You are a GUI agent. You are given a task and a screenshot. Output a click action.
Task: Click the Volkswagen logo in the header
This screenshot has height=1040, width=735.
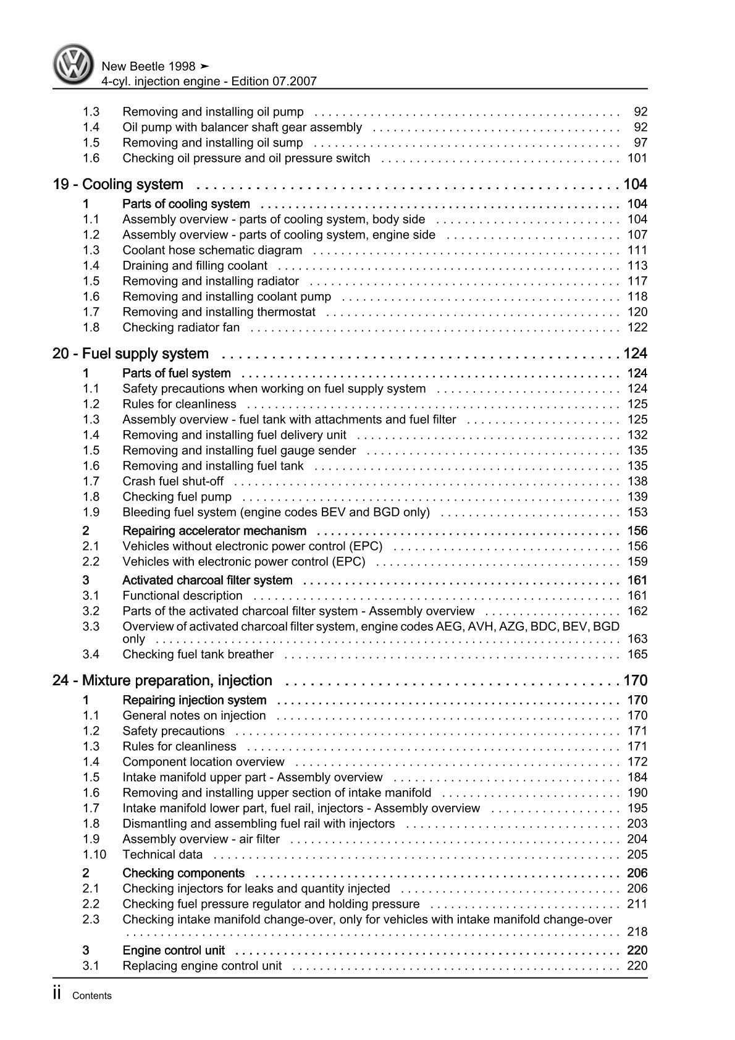coord(72,64)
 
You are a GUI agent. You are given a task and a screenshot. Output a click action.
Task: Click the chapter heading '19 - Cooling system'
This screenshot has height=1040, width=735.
coord(118,184)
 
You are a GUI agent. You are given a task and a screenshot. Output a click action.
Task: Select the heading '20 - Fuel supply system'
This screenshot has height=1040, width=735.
coord(131,353)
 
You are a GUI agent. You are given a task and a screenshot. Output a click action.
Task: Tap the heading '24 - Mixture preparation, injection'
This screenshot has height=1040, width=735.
coord(162,680)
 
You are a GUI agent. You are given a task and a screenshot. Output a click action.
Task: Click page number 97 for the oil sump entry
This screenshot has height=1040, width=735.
coord(640,143)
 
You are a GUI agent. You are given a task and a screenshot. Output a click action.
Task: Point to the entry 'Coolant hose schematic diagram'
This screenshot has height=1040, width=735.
coord(212,250)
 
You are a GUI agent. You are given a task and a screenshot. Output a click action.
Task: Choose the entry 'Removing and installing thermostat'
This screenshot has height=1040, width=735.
coord(219,312)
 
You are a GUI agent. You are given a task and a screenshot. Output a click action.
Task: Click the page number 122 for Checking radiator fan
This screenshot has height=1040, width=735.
coord(637,328)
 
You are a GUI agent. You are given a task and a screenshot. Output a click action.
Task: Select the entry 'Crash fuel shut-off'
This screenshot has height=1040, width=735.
coord(173,481)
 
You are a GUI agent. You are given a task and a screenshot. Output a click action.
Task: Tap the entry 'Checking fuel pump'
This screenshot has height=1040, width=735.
coord(177,497)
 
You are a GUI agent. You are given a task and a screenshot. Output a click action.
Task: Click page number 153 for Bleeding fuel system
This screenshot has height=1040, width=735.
coord(637,512)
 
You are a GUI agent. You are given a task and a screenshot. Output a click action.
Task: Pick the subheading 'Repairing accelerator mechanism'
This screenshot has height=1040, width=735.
coord(214,531)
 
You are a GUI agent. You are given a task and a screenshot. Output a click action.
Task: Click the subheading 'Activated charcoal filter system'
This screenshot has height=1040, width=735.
coord(208,580)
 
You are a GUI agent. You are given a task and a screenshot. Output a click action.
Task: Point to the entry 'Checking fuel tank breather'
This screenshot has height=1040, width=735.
coord(198,654)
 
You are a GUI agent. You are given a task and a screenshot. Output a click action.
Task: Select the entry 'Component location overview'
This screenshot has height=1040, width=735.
coord(204,762)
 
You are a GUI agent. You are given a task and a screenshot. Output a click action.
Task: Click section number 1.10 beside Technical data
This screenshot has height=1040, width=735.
coord(94,855)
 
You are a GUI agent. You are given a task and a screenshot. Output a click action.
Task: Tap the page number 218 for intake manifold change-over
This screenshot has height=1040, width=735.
coord(637,932)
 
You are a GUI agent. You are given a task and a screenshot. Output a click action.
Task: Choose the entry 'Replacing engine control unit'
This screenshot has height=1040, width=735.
coord(202,966)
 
